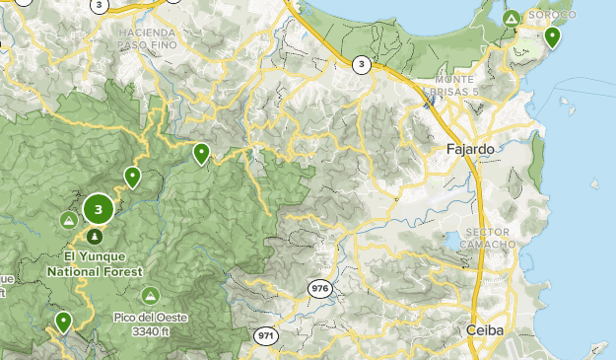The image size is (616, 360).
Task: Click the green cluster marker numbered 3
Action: (98, 209)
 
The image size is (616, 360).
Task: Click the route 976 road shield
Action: (319, 288)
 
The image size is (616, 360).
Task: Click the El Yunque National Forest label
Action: (96, 264)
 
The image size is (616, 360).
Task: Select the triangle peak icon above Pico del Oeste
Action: (150, 295)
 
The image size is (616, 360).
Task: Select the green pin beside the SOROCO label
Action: (553, 38)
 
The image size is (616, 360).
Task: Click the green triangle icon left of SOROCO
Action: (511, 19)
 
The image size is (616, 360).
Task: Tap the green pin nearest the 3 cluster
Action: (132, 178)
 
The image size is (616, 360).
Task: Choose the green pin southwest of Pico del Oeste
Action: (64, 321)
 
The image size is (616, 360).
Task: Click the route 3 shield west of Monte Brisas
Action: (362, 65)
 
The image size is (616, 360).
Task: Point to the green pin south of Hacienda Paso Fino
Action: (201, 153)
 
